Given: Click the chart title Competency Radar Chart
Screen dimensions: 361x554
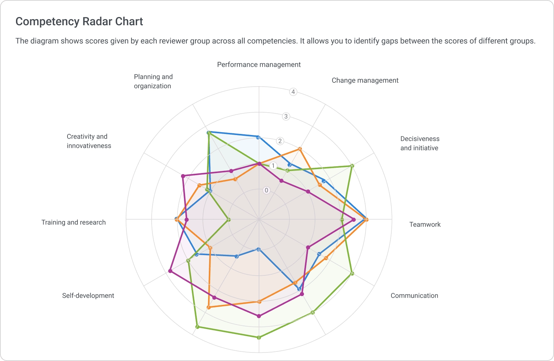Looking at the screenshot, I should click(79, 22).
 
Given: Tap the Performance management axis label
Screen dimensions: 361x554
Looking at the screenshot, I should click(259, 65).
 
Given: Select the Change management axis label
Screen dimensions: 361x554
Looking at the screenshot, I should click(365, 80).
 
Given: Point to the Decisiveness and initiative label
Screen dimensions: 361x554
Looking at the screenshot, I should click(420, 143).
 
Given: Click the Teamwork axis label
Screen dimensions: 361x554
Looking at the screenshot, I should click(425, 224).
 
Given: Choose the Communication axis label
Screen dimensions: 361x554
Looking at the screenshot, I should click(414, 296).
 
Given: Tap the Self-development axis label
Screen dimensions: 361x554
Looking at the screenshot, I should click(88, 296).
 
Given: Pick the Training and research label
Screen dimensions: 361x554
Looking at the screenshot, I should click(74, 222).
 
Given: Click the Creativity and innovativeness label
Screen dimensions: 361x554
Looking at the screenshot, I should click(89, 141).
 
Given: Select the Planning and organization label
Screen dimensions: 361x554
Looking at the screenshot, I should click(153, 81).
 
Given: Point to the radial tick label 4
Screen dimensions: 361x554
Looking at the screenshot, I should click(293, 92).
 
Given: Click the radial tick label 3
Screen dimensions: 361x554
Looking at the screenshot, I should click(286, 116).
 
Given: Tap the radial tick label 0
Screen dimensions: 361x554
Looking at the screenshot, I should click(267, 190).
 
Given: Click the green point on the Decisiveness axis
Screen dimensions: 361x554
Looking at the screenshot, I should click(352, 166).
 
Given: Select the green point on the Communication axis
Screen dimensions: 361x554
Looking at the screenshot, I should click(352, 273).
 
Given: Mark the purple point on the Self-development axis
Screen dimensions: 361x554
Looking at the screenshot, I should click(170, 271).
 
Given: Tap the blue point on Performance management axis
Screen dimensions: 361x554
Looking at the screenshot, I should click(259, 137).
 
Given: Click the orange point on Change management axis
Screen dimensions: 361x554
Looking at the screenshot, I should click(300, 149).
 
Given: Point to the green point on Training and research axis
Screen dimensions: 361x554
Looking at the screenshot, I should click(229, 220).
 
